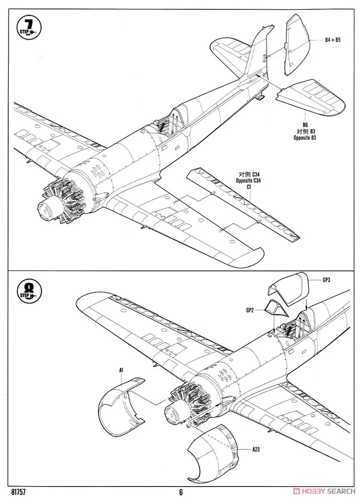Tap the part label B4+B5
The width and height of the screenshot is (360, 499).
pos(333,40)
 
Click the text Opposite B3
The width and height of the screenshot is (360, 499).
pos(305,138)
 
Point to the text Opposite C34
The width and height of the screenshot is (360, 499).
pos(248,181)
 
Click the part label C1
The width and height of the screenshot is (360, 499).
pos(248,187)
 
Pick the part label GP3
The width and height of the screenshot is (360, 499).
pos(327,280)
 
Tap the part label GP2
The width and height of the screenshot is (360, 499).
pos(250,310)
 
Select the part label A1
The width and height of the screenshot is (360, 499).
pos(121,370)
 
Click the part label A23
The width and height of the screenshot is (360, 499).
pos(256,449)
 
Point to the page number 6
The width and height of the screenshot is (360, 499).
pos(181,492)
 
